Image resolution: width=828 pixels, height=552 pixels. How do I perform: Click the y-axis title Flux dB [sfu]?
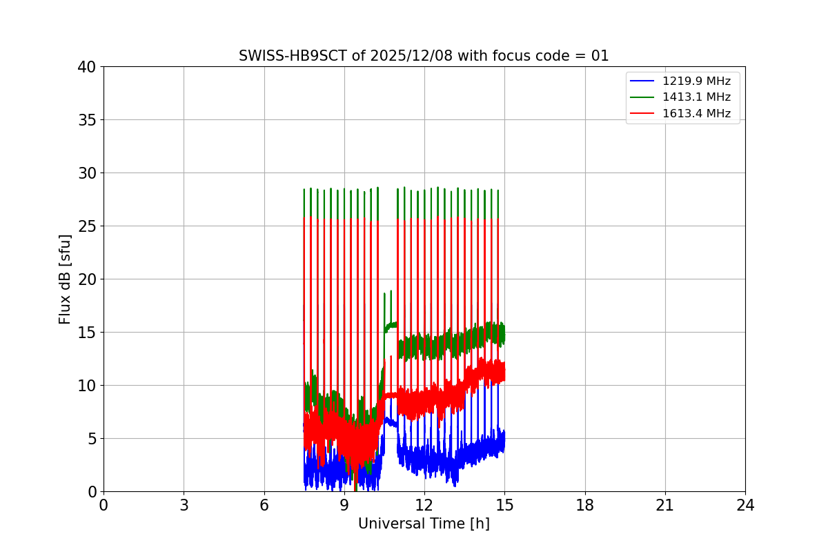(x=65, y=279)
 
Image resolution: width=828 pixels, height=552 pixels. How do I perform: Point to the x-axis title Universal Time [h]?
(x=424, y=524)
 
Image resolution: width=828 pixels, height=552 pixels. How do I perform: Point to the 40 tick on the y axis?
(x=87, y=67)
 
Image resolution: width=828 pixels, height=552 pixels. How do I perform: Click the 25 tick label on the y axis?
(x=87, y=226)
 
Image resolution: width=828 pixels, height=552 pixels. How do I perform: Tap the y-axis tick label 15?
(x=87, y=333)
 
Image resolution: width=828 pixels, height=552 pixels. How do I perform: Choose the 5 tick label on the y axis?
(x=91, y=439)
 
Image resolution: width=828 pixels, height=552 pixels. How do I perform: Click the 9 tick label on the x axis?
(x=344, y=505)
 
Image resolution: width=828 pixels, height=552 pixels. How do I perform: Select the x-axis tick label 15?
(x=504, y=505)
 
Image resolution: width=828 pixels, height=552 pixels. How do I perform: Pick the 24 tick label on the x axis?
(x=745, y=505)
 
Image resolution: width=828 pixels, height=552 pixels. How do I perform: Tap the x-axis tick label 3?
(x=184, y=505)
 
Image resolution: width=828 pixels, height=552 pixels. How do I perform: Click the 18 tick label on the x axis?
(x=585, y=505)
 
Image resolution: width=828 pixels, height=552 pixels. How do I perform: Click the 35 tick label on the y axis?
(x=87, y=120)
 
